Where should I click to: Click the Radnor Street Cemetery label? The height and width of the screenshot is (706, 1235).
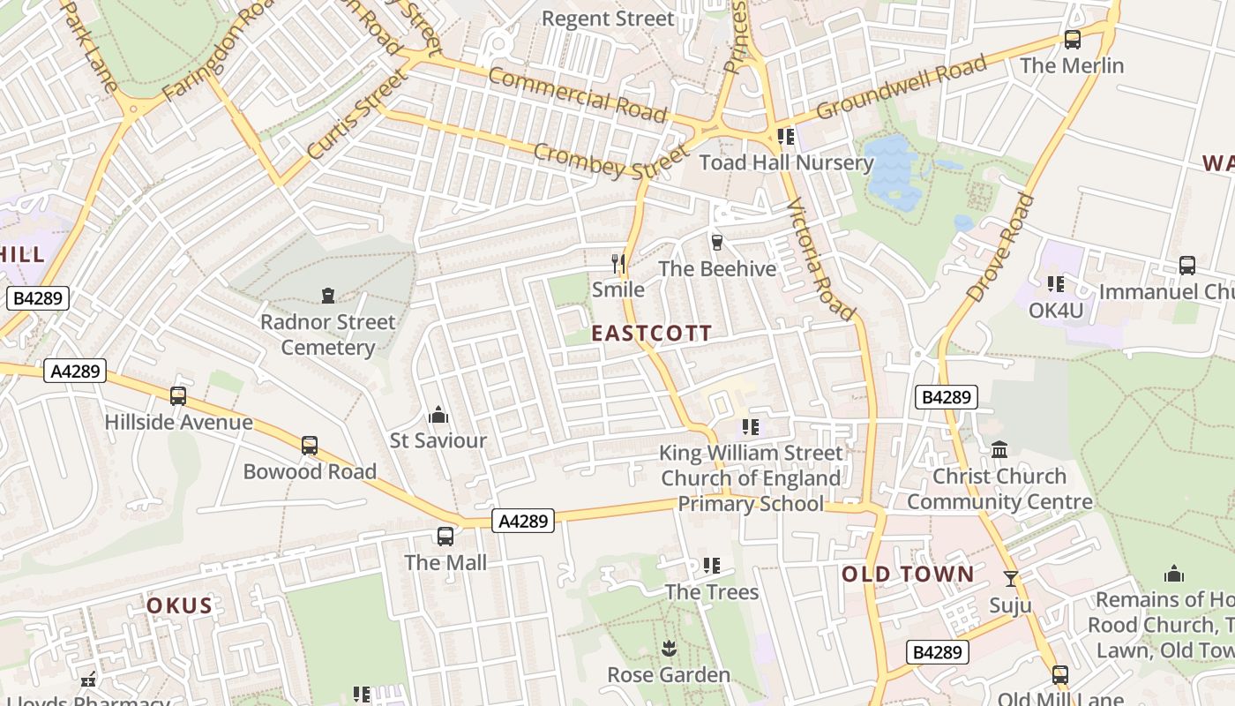[327, 334]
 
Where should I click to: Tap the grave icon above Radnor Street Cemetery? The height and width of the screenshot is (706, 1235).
[328, 295]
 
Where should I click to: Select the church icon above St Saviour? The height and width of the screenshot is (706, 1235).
[438, 414]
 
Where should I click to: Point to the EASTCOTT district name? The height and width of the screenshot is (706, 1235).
[651, 333]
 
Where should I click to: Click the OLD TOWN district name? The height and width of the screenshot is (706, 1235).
[908, 575]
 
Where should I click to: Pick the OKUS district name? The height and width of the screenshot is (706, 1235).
[179, 605]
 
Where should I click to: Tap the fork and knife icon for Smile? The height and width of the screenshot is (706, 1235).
[618, 263]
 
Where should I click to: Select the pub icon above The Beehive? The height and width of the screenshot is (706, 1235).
[716, 242]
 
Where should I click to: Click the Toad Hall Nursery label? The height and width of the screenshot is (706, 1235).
[786, 162]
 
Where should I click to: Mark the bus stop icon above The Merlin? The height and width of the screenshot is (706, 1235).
[1072, 40]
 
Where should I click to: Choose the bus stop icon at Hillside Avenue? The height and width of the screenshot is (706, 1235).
[178, 396]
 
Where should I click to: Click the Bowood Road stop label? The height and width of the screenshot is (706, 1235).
[310, 471]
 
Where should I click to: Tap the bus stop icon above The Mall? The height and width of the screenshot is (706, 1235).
[445, 536]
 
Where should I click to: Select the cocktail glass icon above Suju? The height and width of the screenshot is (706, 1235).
[1011, 579]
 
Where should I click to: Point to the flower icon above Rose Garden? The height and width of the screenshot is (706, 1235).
[668, 650]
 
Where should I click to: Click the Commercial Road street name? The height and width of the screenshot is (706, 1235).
[577, 94]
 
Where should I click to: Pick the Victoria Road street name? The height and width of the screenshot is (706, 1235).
[820, 259]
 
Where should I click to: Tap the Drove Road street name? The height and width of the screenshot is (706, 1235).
[1000, 247]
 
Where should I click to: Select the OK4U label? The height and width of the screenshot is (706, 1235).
[1056, 311]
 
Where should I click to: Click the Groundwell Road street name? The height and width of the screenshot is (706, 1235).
[901, 86]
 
